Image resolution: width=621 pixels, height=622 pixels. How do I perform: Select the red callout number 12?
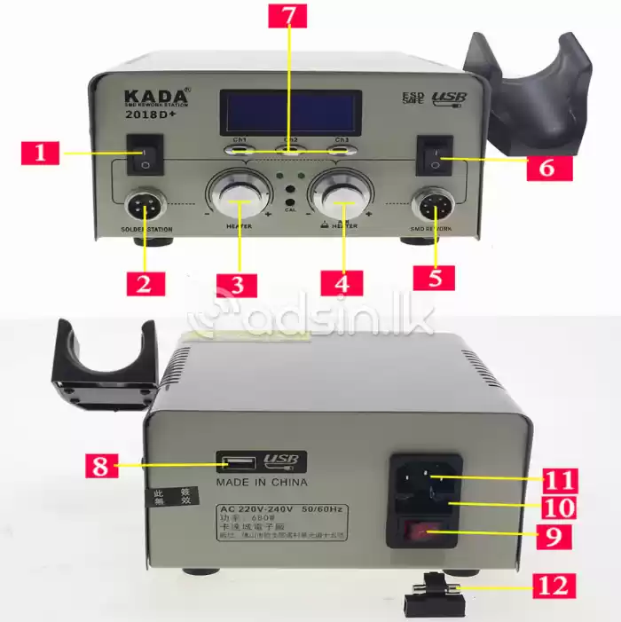[x=552, y=586]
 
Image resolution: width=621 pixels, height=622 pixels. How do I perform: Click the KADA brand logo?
[x=154, y=95]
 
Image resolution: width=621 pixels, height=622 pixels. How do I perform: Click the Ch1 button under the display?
[x=240, y=149]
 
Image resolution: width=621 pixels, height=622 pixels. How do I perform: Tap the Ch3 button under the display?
[x=342, y=149]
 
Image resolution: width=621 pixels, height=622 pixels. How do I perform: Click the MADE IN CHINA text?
[x=262, y=483]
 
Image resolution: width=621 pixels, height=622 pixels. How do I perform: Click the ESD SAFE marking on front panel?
[x=413, y=98]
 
